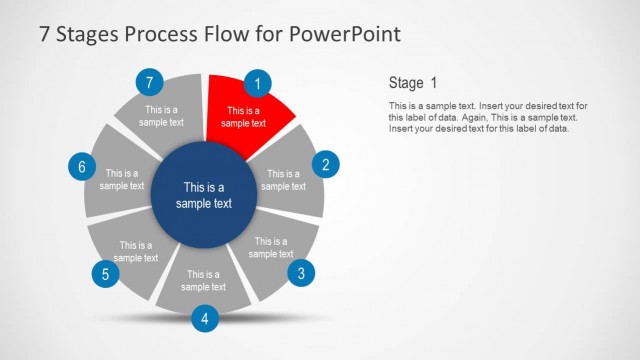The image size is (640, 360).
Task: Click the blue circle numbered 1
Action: (x=258, y=84)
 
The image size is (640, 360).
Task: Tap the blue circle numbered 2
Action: (x=325, y=165)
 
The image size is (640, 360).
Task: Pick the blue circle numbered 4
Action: (x=204, y=319)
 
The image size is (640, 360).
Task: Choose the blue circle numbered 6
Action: (x=82, y=166)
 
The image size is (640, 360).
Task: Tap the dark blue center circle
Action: (x=203, y=195)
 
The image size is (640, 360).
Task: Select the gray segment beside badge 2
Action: (x=284, y=180)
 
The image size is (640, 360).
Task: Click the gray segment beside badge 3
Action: (x=271, y=248)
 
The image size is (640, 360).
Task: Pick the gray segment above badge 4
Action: (x=203, y=280)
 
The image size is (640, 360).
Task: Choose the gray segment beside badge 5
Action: (x=134, y=250)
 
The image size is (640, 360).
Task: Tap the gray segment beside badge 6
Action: (x=121, y=180)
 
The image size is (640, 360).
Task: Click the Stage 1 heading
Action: (x=412, y=83)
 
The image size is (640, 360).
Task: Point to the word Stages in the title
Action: (x=88, y=34)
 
